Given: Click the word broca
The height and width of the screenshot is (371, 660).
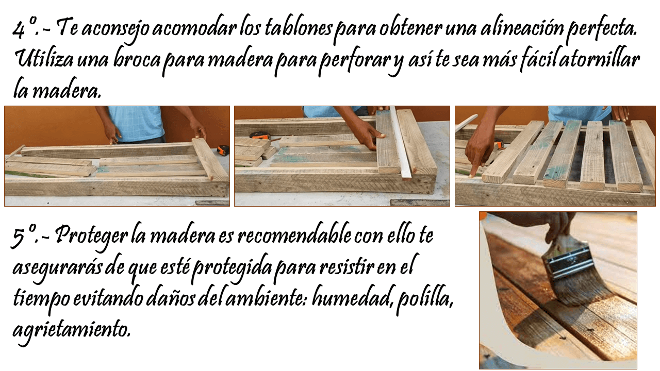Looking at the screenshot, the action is [x=137, y=60].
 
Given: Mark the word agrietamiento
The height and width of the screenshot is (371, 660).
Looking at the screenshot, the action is [x=71, y=330].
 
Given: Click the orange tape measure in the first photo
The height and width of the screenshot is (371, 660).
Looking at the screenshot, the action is [x=223, y=150].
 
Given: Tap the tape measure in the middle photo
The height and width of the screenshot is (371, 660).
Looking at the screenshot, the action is [x=259, y=136].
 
